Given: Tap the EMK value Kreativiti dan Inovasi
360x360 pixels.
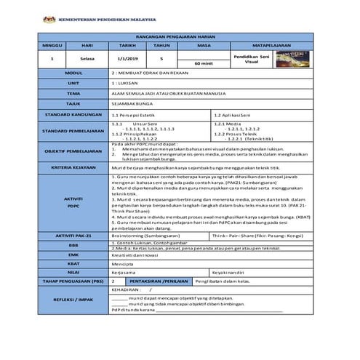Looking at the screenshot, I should (x=135, y=255).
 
